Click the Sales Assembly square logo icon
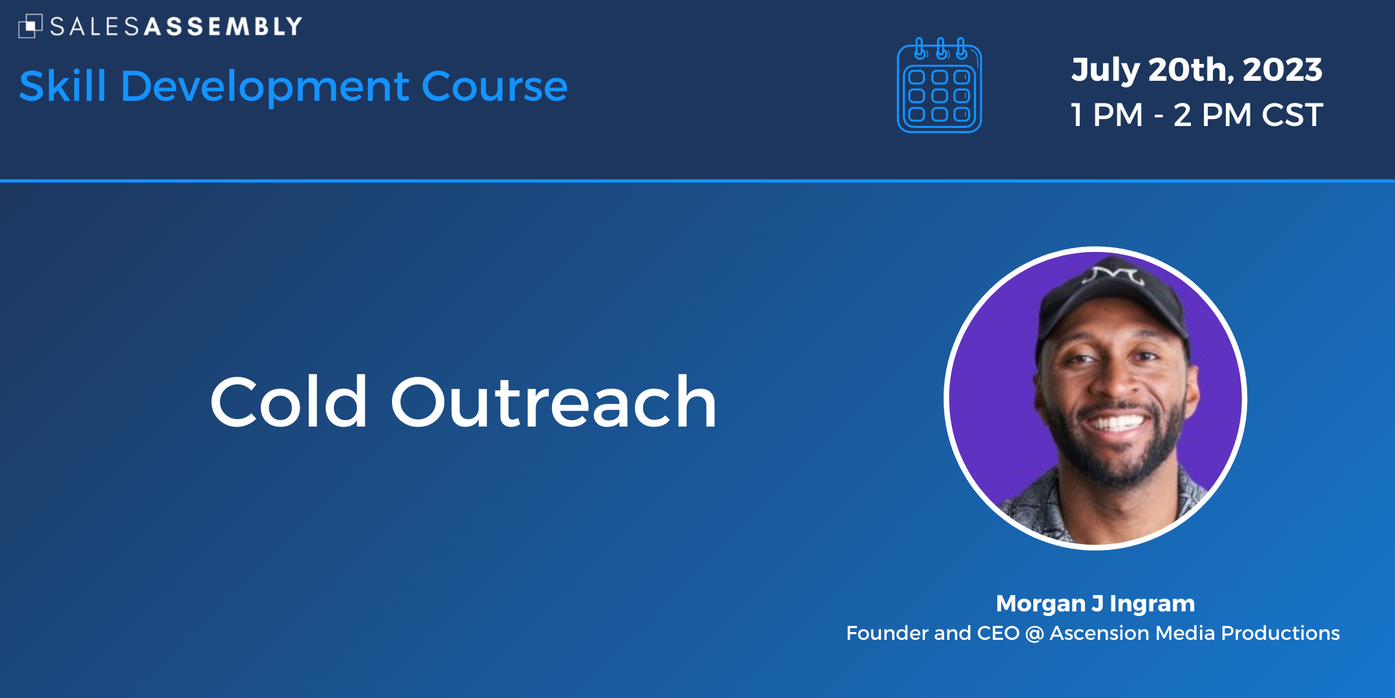[x=30, y=26]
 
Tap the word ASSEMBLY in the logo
[x=223, y=26]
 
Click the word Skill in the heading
[x=63, y=86]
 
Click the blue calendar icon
[x=940, y=85]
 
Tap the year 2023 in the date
[x=1283, y=70]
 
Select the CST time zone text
[x=1292, y=115]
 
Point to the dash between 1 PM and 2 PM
[x=1159, y=117]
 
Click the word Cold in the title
[x=289, y=402]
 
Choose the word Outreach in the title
[x=553, y=402]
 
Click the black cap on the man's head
[x=1112, y=304]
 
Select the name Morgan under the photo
[x=1040, y=604]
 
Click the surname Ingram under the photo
[x=1152, y=604]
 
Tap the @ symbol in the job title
[x=1034, y=633]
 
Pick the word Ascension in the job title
[x=1099, y=633]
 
